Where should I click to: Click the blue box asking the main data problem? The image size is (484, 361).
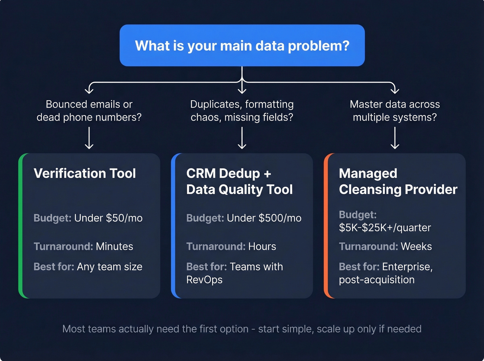click(x=242, y=45)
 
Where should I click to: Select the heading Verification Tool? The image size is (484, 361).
click(x=85, y=173)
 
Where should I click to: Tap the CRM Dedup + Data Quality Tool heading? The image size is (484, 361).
click(x=239, y=181)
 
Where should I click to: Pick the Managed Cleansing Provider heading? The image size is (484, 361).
click(x=398, y=181)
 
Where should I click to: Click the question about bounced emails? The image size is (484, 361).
click(x=89, y=111)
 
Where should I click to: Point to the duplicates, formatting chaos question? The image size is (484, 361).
click(x=242, y=111)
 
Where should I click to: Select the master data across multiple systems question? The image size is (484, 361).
click(x=395, y=111)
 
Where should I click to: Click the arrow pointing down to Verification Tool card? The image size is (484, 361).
click(x=89, y=138)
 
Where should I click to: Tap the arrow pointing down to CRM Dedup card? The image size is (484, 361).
click(x=242, y=138)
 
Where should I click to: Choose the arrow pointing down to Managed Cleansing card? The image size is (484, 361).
click(x=395, y=138)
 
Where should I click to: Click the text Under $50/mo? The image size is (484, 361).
click(x=108, y=218)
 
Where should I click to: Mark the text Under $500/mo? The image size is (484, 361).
click(x=264, y=218)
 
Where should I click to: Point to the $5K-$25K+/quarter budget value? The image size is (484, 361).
click(x=385, y=228)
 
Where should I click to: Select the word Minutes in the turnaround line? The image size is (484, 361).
click(x=114, y=246)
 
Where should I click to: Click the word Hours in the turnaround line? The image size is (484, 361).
click(x=262, y=246)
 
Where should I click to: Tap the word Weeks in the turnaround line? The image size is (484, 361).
click(x=416, y=246)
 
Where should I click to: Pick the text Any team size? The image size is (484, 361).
click(x=110, y=267)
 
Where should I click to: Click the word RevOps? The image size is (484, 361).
click(x=204, y=280)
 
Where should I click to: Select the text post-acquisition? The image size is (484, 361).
click(x=376, y=280)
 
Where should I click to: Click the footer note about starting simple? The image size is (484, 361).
click(x=242, y=329)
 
